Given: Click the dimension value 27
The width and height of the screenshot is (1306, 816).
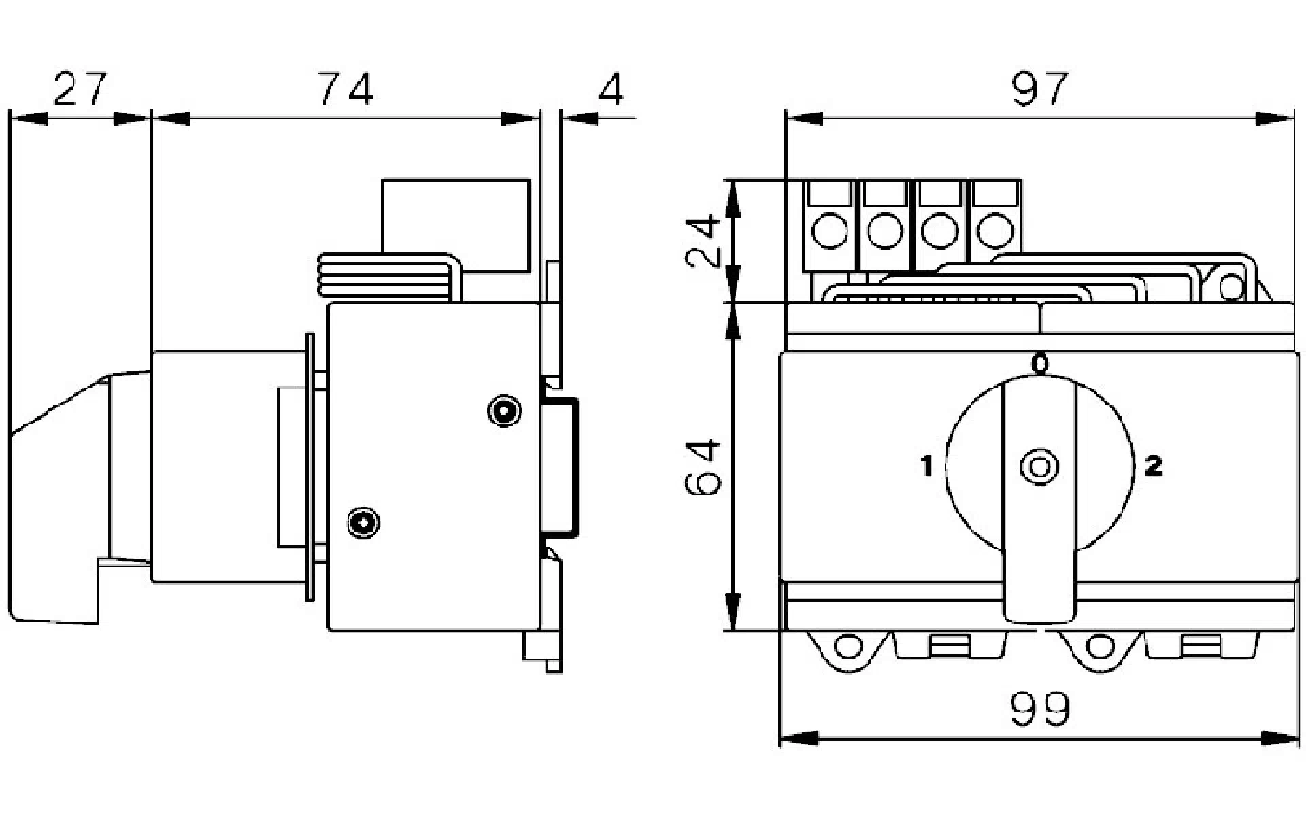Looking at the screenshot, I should coord(80,89).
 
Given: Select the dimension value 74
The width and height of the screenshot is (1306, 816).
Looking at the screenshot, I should coord(346,89).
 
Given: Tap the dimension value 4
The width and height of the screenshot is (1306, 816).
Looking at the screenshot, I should coord(612,89).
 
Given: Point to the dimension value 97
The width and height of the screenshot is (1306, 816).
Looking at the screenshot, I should coord(1040,89).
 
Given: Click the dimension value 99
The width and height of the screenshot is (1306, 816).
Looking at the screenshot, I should coord(1040,709).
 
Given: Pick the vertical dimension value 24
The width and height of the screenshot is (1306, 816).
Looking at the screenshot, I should coord(703,241).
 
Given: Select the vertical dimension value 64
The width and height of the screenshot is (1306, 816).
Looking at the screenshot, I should coord(703,467).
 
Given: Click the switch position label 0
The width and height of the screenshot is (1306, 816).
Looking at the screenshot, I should coord(1040,364).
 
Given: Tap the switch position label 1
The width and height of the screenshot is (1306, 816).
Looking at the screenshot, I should coord(926,466).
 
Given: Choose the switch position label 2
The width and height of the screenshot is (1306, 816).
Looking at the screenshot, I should coord(1154,466).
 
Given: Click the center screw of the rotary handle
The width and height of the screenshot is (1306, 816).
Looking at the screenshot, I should coord(1039,467).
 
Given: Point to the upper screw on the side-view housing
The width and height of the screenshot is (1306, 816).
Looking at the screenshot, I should coord(505,411).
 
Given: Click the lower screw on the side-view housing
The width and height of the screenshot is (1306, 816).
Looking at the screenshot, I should coord(363,522).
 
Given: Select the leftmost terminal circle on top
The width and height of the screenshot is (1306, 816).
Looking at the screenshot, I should coord(830,231).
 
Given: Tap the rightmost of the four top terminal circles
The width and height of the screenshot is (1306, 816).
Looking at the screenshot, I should coord(995,231).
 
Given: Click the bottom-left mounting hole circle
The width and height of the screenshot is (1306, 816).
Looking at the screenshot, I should coord(848,646).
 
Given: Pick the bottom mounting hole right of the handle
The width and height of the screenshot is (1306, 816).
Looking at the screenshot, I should coord(1099,646).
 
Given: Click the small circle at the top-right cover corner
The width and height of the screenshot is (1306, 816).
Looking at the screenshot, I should coord(1230,286).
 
